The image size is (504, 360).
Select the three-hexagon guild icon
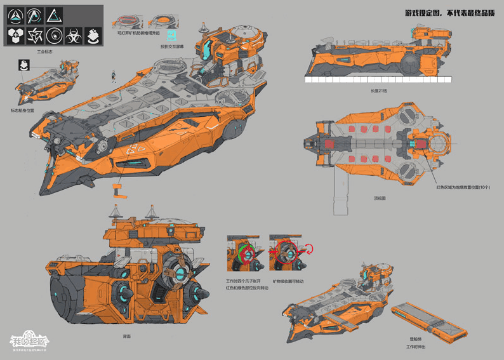pyautogui.click(x=15, y=35)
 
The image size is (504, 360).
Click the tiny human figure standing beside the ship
pyautogui.click(x=114, y=76)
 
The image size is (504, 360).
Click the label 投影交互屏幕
pyautogui.click(x=172, y=46)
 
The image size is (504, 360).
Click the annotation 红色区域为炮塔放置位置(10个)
pyautogui.click(x=464, y=187)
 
